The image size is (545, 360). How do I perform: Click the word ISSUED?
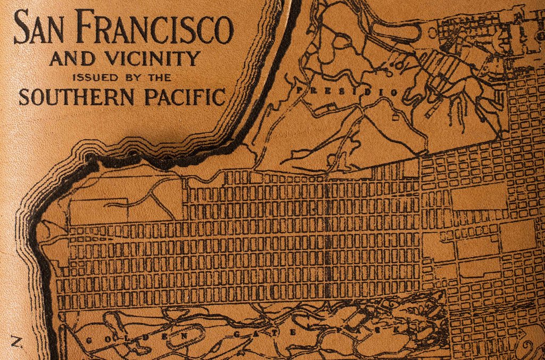92,77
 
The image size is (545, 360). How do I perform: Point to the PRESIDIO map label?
346,91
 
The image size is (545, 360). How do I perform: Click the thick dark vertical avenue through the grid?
327,234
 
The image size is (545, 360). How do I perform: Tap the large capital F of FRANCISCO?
84,29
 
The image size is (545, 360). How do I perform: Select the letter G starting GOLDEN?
88,340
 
